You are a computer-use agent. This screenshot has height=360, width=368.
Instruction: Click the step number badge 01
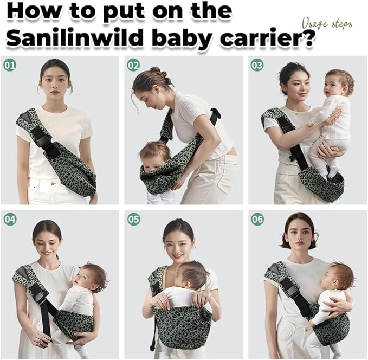tap(10, 66)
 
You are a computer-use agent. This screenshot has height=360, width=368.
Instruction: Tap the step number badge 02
tap(133, 66)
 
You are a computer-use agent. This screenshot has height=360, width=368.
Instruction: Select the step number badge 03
tap(257, 66)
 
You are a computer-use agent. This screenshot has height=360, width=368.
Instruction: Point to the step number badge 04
tap(10, 219)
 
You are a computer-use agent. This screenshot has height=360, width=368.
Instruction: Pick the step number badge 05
tap(133, 219)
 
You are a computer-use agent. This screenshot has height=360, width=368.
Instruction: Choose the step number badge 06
tap(257, 219)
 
